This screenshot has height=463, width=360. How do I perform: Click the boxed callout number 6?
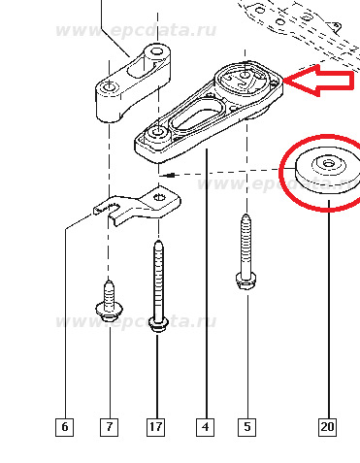pyautogui.click(x=64, y=427)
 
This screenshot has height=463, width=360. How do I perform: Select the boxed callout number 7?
pyautogui.click(x=109, y=427)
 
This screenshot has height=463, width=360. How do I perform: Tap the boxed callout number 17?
pyautogui.click(x=156, y=427)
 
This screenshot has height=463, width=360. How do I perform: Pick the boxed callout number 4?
pyautogui.click(x=205, y=427)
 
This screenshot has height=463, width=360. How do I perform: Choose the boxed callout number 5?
pyautogui.click(x=247, y=427)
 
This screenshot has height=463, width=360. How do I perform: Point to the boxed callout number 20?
pyautogui.click(x=327, y=427)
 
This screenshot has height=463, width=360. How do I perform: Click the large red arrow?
pyautogui.click(x=318, y=81)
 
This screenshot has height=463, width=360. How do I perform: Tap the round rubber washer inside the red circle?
pyautogui.click(x=328, y=171)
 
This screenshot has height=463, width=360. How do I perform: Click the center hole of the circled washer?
pyautogui.click(x=329, y=164)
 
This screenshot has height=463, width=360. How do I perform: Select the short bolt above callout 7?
pyautogui.click(x=109, y=302)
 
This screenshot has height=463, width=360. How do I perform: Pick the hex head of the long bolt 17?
pyautogui.click(x=158, y=325)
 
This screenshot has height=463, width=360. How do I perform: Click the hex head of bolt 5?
pyautogui.click(x=246, y=281)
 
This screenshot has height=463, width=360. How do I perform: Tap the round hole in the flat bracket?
pyautogui.click(x=159, y=197)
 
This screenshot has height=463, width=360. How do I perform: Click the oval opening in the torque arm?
pyautogui.click(x=197, y=117)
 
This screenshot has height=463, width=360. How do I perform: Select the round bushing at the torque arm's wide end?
pyautogui.click(x=245, y=80)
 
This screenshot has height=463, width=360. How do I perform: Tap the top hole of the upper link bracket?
pyautogui.click(x=157, y=51)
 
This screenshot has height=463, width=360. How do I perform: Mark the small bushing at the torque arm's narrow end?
pyautogui.click(x=157, y=135)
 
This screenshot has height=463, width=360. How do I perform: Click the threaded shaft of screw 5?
pyautogui.click(x=246, y=244)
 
